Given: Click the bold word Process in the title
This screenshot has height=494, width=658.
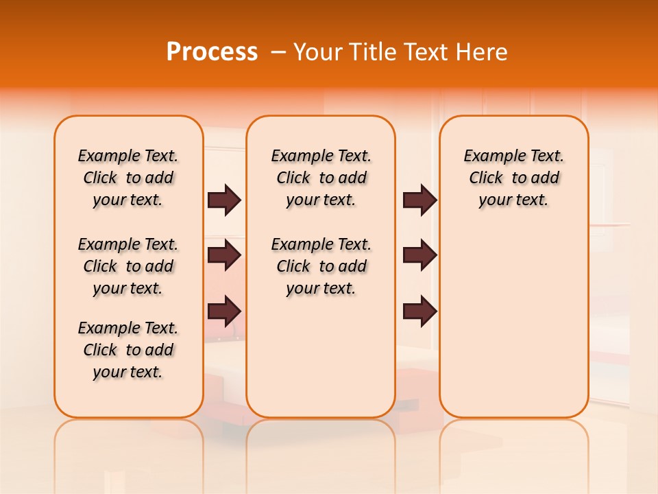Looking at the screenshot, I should coord(212,51).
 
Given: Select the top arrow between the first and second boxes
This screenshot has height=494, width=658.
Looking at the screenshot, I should coord(224,200).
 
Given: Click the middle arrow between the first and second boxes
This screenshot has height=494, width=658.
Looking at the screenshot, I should coord(224,255).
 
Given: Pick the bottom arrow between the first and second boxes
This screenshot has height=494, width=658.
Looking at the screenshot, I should coord(224,311).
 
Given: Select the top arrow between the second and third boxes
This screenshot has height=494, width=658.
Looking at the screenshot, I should coord(419,200).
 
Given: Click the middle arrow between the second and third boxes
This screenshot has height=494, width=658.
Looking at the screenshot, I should coord(419,255).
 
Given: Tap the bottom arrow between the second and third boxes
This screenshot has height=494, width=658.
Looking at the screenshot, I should coord(419,311).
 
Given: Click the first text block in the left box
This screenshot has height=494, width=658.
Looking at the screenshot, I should coord(128,178).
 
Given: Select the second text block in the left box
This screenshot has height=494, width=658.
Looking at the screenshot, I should coord(128,266).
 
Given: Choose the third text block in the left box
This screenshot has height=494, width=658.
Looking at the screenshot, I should coord(128,350).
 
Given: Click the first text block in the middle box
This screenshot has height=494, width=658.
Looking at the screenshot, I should coord(321,178).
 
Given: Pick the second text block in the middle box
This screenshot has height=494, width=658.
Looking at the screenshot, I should coord(321,266).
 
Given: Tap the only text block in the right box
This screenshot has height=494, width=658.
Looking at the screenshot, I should coord(513,178).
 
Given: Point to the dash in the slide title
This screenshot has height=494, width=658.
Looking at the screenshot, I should coord(278,52).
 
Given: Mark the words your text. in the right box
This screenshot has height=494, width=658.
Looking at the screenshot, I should coord(513,200).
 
